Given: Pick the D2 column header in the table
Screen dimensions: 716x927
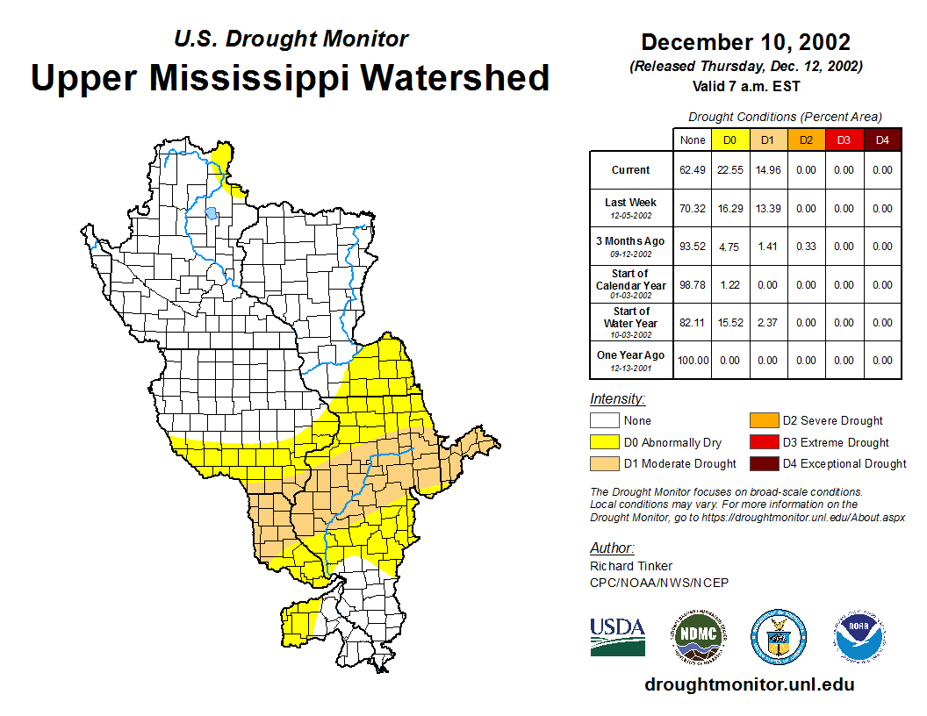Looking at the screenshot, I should point(806,140).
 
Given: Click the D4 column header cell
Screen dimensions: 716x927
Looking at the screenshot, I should point(882,140).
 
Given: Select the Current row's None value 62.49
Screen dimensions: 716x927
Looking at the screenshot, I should point(693,170).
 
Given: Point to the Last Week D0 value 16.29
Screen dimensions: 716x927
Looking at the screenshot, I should point(730,209).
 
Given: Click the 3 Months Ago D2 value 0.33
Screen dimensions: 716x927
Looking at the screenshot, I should point(806,247).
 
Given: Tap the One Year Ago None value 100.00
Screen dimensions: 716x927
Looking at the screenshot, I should point(693,361).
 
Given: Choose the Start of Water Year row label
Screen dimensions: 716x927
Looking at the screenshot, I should point(630,319).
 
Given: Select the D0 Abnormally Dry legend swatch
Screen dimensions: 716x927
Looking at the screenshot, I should point(604,442).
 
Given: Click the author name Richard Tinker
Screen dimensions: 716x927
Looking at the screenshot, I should point(631,566).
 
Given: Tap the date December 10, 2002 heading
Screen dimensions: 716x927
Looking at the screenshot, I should point(745,42).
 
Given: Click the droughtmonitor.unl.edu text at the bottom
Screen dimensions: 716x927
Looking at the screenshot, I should point(749,684).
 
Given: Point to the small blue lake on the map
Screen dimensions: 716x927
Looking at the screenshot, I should point(211,212).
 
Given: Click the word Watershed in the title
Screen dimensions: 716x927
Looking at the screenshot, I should point(453,78).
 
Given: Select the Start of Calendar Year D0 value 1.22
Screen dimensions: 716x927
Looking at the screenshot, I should point(730,285).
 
